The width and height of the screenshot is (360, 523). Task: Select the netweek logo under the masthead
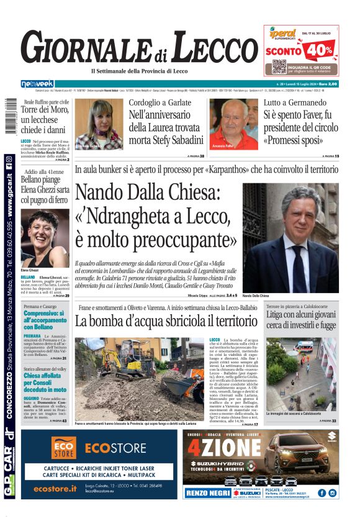pos(37,84)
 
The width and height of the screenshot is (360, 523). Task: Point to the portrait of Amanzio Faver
pos(233,124)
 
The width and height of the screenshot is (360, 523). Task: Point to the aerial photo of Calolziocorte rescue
pos(300,375)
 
